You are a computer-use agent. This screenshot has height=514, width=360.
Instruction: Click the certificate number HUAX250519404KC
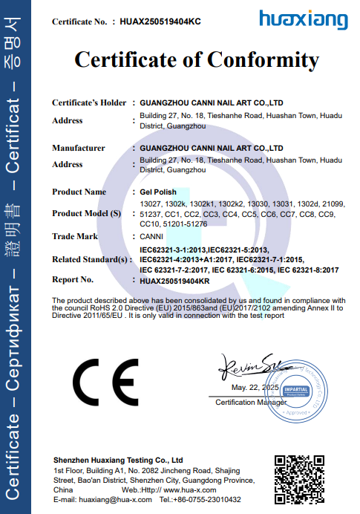coord(160,22)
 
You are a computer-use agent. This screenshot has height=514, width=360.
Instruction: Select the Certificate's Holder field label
coord(89,102)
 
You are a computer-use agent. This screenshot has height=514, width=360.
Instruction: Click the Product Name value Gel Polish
coord(158,192)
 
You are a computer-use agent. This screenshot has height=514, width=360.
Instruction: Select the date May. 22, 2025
coord(255,388)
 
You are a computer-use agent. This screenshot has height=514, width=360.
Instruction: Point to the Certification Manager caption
coord(250,402)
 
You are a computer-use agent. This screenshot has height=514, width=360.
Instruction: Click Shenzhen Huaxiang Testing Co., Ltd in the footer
coord(118,461)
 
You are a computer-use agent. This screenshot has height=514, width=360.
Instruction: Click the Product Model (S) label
coord(86,214)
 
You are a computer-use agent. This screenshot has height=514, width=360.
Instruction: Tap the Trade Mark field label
coord(76,236)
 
